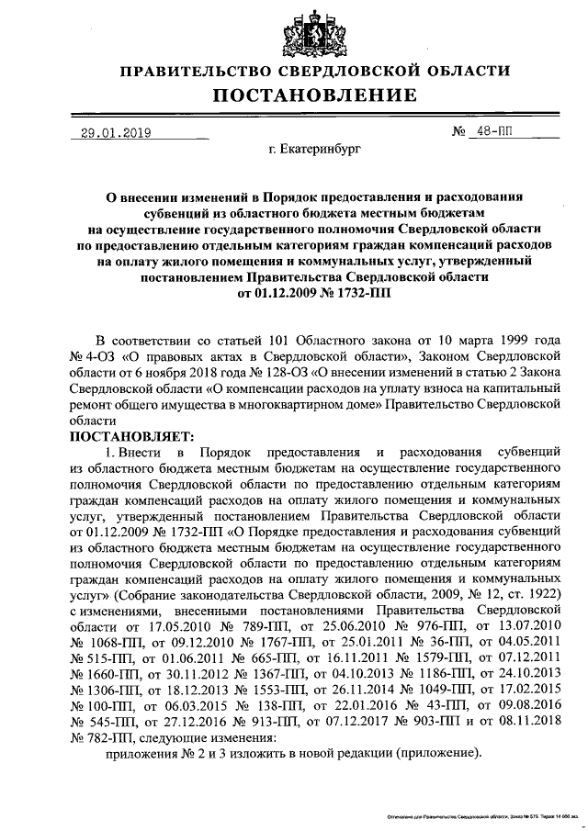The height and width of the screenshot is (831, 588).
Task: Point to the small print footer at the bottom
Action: pos(487,815)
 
